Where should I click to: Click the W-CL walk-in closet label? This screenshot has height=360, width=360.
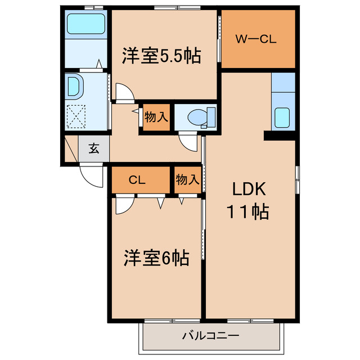point(256,39)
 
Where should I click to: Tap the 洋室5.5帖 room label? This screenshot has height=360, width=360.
point(161,56)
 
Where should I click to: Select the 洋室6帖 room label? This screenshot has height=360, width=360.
point(156,258)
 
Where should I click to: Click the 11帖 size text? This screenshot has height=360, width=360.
point(247,213)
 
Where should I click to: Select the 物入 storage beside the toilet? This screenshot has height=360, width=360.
point(156,118)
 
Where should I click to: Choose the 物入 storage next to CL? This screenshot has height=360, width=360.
point(187,179)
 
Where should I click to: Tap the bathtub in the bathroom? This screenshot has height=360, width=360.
point(85,24)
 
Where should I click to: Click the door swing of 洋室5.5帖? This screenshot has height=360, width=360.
point(124,92)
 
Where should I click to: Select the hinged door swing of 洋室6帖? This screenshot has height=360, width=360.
point(123,205)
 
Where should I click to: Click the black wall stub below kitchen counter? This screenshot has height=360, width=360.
point(279,136)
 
